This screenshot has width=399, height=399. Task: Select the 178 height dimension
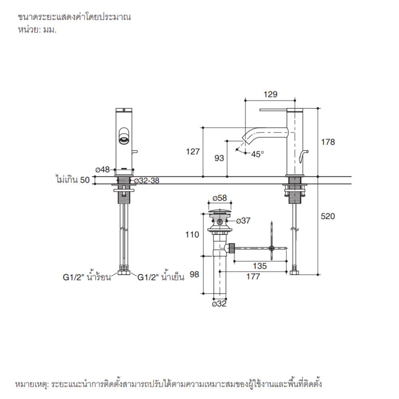pyautogui.click(x=328, y=142)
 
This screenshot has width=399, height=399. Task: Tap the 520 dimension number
pyautogui.click(x=328, y=216)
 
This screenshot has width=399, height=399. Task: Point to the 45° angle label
pyautogui.click(x=257, y=154)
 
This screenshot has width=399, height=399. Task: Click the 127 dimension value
pyautogui.click(x=193, y=152)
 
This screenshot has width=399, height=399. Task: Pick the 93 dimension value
pyautogui.click(x=219, y=158)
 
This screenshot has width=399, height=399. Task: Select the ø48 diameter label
pyautogui.click(x=102, y=170)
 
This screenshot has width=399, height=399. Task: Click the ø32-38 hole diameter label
pyautogui.click(x=146, y=181)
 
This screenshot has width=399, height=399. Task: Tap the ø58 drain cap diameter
pyautogui.click(x=220, y=198)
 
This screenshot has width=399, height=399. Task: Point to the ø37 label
pyautogui.click(x=243, y=220)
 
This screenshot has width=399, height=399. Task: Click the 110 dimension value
pyautogui.click(x=192, y=235)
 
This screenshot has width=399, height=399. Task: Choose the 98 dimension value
pyautogui.click(x=194, y=275)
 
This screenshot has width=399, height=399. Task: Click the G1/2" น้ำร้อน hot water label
pyautogui.click(x=87, y=277)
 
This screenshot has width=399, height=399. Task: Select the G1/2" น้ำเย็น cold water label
pyautogui.click(x=161, y=277)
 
